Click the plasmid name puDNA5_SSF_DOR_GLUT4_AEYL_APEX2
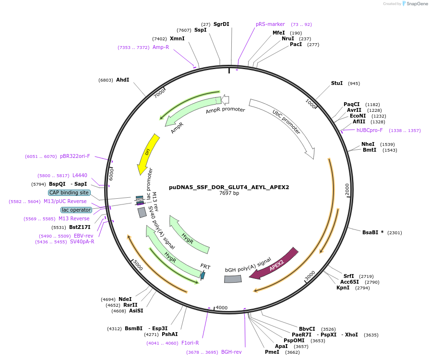[229, 187]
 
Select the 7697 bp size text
[229, 193]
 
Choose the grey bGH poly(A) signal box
[233, 279]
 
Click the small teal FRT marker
[203, 275]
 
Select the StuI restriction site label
[337, 83]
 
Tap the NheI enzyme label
[368, 144]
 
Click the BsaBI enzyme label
[370, 232]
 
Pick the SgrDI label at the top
[221, 24]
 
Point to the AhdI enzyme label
[122, 80]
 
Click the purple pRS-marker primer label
[270, 24]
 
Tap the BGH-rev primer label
[231, 352]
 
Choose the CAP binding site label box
[69, 192]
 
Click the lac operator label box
[76, 210]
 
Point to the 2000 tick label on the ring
[347, 190]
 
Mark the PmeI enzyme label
[272, 352]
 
